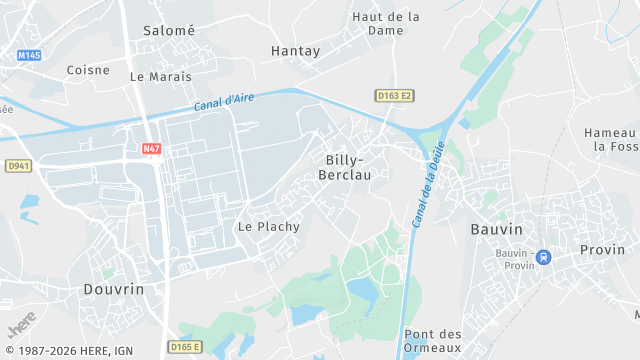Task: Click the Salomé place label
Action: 169,30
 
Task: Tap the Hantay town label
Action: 295,49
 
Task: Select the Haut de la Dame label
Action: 386,23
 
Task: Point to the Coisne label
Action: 88,70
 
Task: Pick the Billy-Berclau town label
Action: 345,167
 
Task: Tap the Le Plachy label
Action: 268,226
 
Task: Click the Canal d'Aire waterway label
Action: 227,100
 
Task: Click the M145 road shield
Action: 30,55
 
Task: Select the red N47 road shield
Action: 151,149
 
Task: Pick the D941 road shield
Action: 18,166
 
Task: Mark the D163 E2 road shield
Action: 395,96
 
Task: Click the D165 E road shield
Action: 185,347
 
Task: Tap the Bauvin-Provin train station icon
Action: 543,257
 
